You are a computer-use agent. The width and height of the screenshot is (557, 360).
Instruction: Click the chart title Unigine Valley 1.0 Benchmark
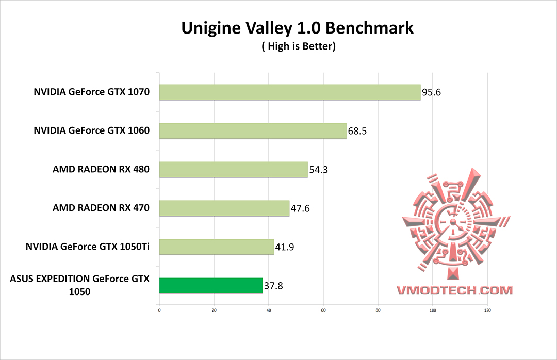[x=298, y=28]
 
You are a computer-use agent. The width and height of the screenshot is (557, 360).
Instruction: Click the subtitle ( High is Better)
[x=299, y=47]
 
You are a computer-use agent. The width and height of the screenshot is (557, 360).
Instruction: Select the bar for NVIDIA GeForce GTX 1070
[x=290, y=92]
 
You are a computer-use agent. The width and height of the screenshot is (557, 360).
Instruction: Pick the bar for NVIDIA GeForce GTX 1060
[x=253, y=131]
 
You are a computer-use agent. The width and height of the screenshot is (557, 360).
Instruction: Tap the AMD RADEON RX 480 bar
[x=233, y=170]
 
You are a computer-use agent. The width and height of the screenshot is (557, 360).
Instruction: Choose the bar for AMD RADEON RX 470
[x=224, y=208]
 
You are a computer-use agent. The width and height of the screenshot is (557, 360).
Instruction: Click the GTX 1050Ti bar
[x=217, y=247]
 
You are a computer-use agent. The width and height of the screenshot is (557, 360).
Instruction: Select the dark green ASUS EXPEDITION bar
[x=211, y=286]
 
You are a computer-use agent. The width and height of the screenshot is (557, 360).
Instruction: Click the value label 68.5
[x=357, y=132]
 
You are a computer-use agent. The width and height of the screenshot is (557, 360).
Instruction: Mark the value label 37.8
[x=274, y=286]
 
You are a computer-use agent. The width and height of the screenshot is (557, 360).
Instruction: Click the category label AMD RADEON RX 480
[x=101, y=169]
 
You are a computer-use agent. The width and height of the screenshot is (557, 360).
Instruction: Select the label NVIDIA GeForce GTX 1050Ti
[x=88, y=247]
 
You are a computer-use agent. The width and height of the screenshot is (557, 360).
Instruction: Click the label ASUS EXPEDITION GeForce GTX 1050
[x=79, y=285]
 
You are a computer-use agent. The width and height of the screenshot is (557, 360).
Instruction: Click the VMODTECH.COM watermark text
[x=454, y=290]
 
